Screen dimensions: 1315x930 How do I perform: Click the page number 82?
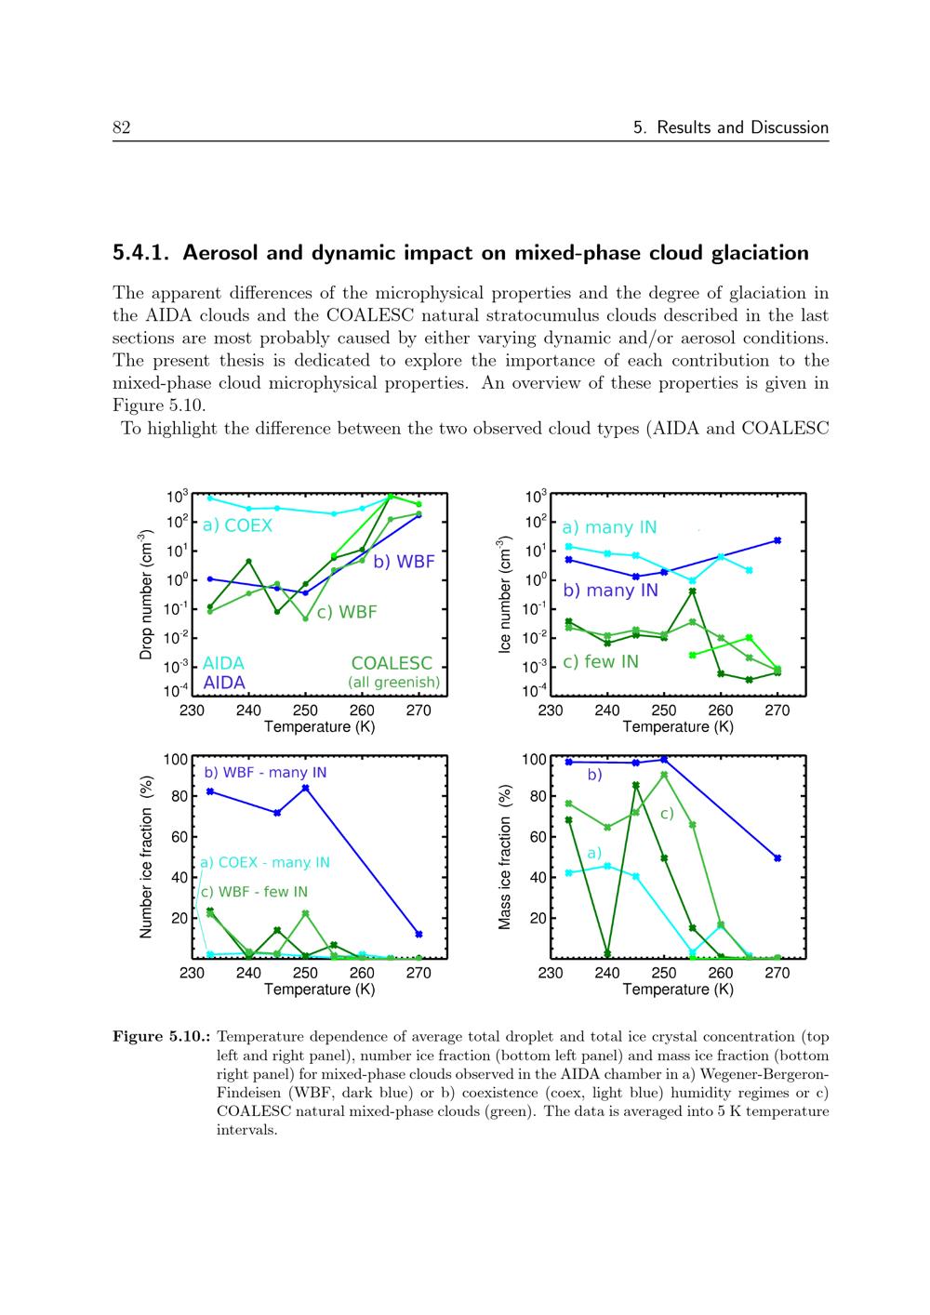[x=121, y=127]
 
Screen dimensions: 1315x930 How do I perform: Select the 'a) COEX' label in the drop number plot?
[x=237, y=525]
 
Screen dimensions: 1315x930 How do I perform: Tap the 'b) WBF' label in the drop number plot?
[x=404, y=562]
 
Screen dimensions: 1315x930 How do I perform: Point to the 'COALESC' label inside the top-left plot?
[x=392, y=663]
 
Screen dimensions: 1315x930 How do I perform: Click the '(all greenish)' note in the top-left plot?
[x=393, y=683]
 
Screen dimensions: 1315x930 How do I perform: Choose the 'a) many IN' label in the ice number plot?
[x=609, y=527]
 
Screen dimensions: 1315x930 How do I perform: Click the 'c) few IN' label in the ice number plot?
[x=601, y=661]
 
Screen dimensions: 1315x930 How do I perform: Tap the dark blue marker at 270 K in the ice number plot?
[x=777, y=540]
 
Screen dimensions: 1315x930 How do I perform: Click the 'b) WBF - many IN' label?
[x=265, y=773]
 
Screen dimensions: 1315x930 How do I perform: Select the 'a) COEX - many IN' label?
[x=265, y=862]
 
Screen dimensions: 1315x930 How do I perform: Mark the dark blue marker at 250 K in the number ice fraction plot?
[x=306, y=789]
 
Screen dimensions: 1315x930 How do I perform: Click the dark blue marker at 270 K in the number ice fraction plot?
[x=418, y=934]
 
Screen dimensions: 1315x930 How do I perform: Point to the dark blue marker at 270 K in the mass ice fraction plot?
[x=777, y=858]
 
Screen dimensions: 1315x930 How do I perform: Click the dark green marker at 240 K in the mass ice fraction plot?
[x=607, y=953]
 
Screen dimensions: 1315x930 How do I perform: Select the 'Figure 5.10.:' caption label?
[x=160, y=1036]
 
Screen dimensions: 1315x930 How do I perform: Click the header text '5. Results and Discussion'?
[x=730, y=127]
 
